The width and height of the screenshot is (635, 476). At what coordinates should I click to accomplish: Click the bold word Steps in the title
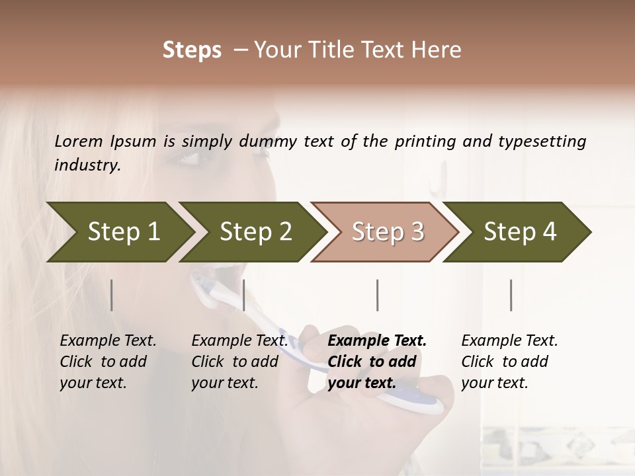(192, 50)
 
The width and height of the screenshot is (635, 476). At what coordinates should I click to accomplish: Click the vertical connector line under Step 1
(112, 295)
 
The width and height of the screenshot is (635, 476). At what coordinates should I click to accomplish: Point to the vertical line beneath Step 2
(244, 295)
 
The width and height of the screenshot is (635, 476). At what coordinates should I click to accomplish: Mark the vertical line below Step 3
(378, 295)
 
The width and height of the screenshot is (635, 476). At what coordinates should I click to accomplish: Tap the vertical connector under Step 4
(511, 295)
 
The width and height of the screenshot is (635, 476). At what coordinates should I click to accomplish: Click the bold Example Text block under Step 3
(377, 362)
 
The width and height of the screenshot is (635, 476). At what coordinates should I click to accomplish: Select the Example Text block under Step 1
(108, 362)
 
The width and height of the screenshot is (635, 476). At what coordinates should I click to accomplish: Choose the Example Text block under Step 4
(509, 362)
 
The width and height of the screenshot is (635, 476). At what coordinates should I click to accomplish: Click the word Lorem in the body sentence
(79, 141)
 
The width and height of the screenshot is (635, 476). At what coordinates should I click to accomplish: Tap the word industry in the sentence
(87, 165)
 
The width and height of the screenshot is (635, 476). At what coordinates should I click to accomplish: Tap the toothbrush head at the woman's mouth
(202, 284)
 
